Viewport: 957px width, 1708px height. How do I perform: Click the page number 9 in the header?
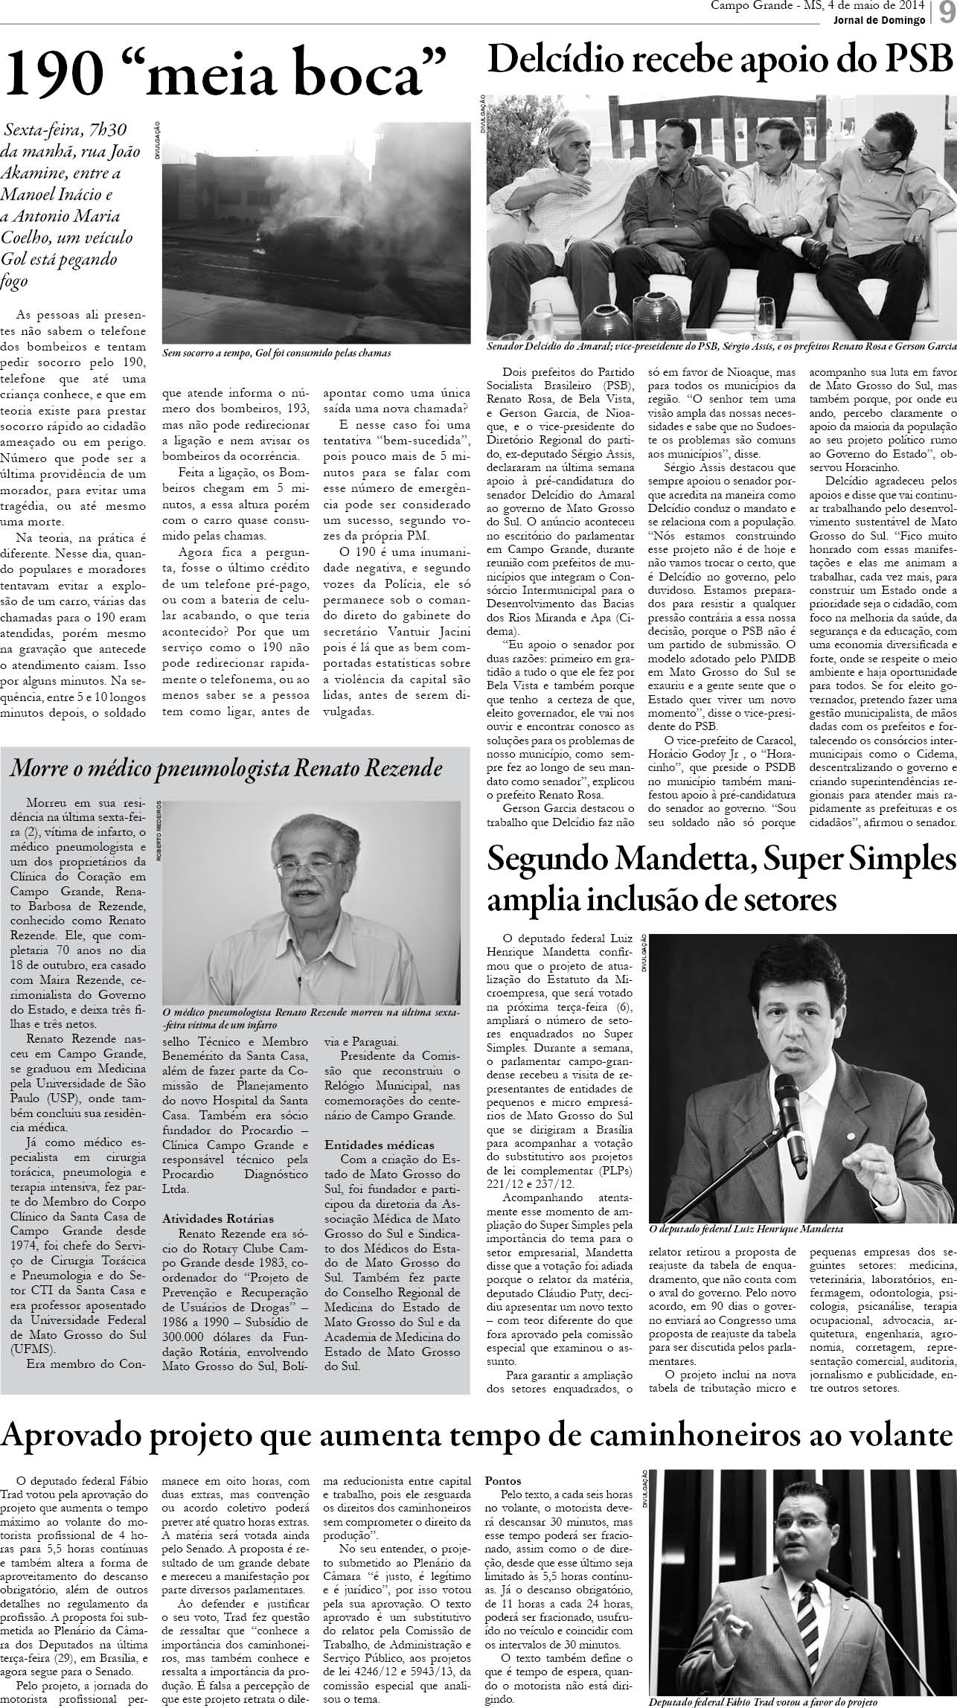click(946, 12)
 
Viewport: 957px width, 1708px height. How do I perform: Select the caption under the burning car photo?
click(277, 352)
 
